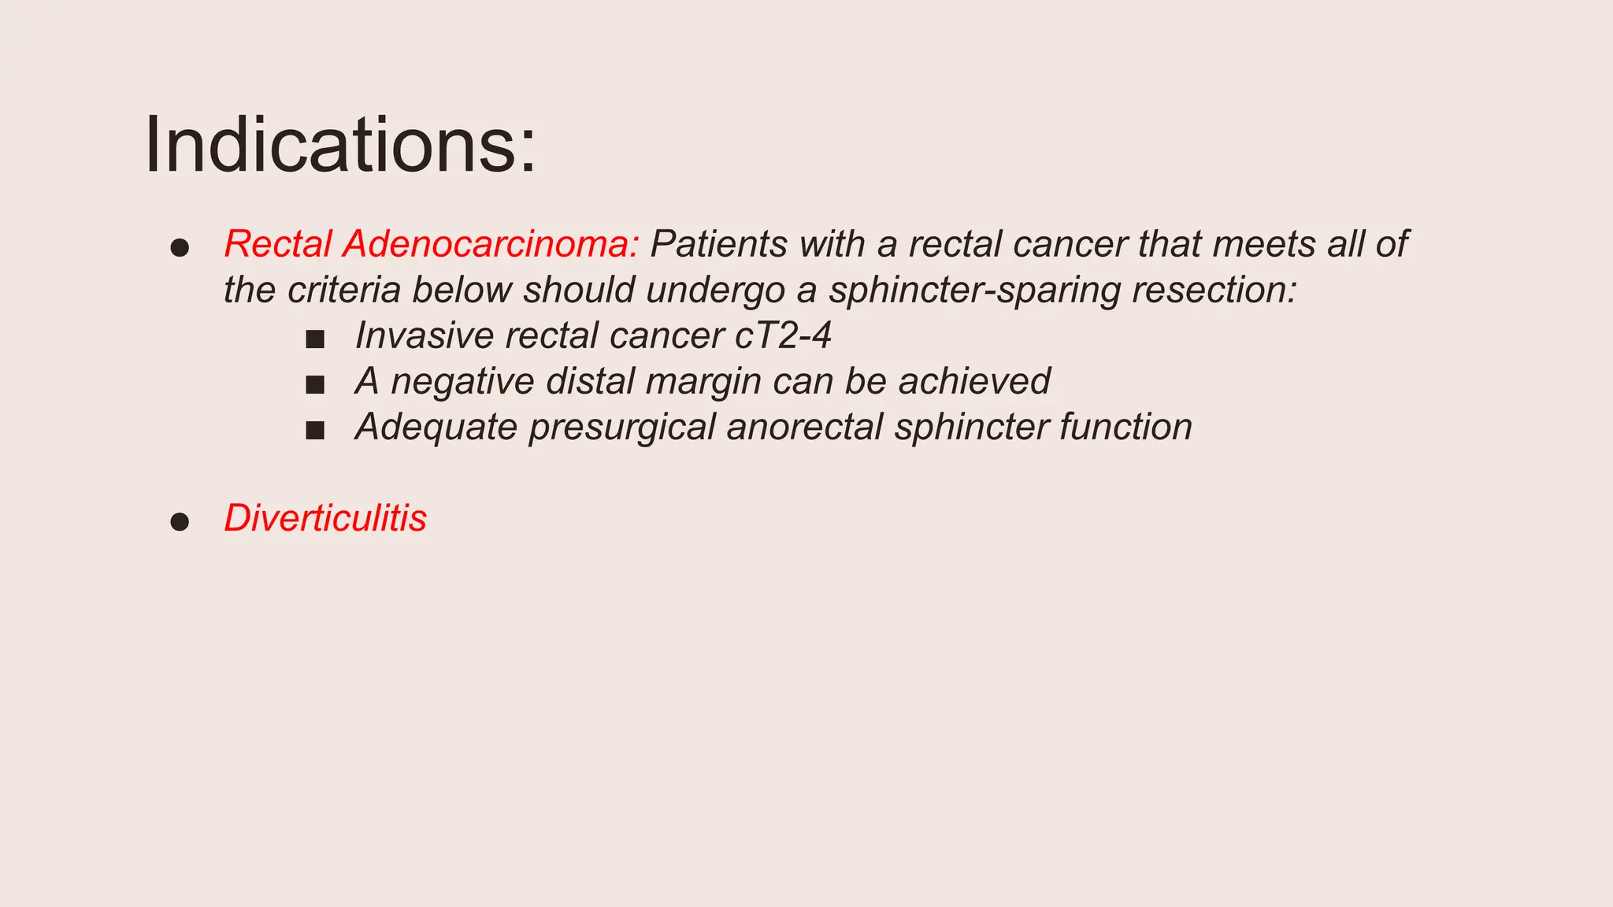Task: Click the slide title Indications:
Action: click(x=340, y=146)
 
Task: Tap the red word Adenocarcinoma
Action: click(x=490, y=244)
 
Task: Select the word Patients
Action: click(x=718, y=244)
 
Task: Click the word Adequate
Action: click(x=436, y=428)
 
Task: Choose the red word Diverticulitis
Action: click(x=325, y=518)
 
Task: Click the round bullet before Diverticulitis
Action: click(x=180, y=521)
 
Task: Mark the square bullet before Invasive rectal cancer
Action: click(x=315, y=339)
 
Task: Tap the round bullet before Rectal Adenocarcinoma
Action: click(x=180, y=248)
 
